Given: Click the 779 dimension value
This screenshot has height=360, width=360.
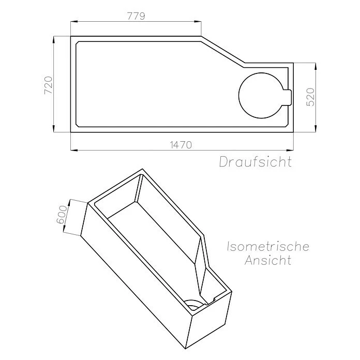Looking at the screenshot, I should [x=136, y=16].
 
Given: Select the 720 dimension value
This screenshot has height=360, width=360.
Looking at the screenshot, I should [x=48, y=84].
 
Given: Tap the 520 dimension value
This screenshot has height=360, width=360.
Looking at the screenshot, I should [x=311, y=97].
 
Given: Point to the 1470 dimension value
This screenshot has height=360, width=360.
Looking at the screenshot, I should [x=181, y=145].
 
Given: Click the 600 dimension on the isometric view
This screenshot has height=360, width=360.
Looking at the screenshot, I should [x=62, y=215].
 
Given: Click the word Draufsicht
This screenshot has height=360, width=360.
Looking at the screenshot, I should [x=255, y=161].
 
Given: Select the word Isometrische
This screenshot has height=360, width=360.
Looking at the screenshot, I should [x=268, y=246].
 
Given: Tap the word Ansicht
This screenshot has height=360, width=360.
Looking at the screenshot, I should [x=268, y=260].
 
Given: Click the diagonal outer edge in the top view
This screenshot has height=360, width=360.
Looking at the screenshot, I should [x=223, y=50].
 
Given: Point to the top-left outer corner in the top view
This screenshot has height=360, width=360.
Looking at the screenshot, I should [x=71, y=36].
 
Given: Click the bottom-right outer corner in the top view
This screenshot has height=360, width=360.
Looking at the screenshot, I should [x=293, y=132].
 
